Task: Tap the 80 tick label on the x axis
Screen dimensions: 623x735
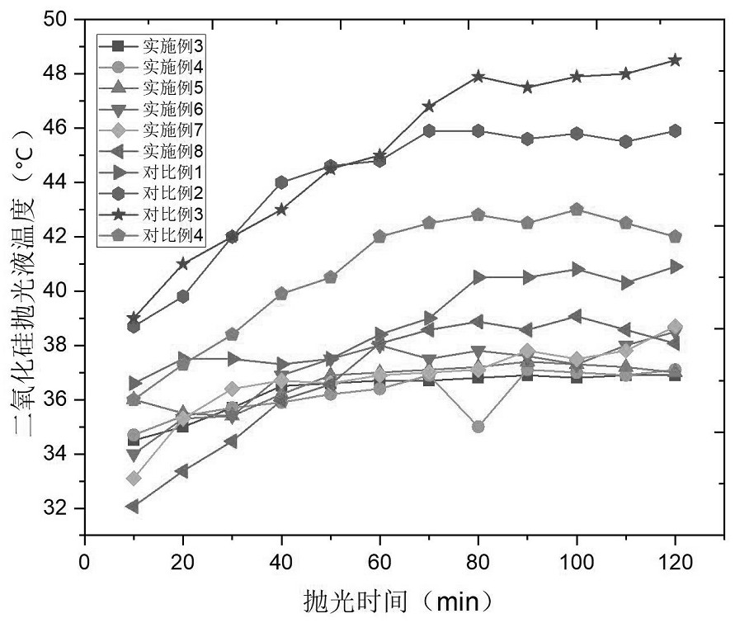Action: click(478, 561)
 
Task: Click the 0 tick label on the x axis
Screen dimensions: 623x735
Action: click(84, 561)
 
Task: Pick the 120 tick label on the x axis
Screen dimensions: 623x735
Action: click(675, 561)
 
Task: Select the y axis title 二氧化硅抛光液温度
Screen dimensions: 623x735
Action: click(23, 272)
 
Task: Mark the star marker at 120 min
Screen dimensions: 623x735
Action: click(675, 60)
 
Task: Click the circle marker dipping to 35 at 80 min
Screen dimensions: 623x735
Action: click(478, 427)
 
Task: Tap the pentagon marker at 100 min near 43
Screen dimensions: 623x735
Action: click(577, 210)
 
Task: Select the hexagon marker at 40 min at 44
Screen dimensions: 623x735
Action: click(281, 182)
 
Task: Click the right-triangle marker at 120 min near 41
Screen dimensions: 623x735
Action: click(675, 267)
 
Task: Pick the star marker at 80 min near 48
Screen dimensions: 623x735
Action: click(478, 76)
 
